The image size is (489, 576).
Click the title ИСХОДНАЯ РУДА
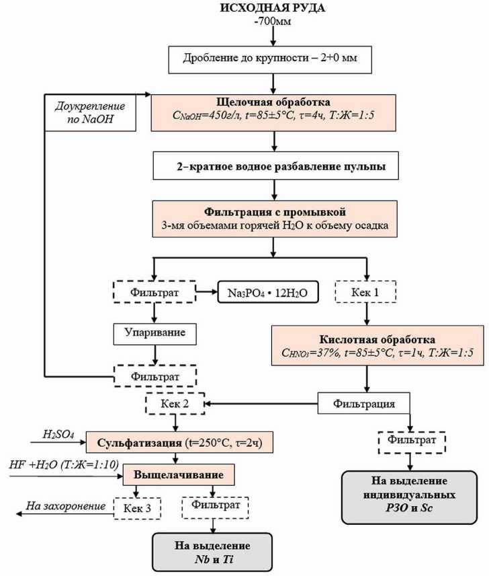click(273, 9)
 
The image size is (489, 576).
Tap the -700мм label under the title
click(273, 24)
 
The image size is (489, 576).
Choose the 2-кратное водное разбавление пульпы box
click(272, 166)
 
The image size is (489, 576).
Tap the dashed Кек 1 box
click(366, 293)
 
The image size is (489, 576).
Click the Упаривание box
click(155, 332)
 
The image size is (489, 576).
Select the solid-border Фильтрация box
click(365, 404)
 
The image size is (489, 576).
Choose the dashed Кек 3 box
click(137, 507)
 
